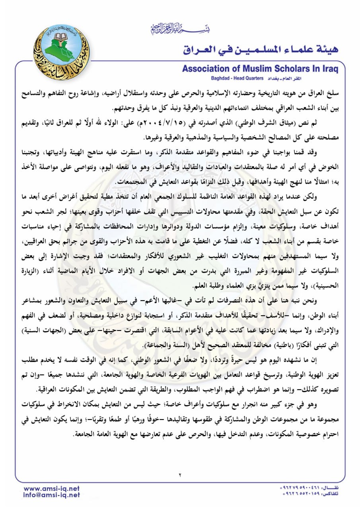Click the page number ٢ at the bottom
(x=180, y=475)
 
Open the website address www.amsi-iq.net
(x=52, y=488)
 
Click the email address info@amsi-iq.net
(x=52, y=495)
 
